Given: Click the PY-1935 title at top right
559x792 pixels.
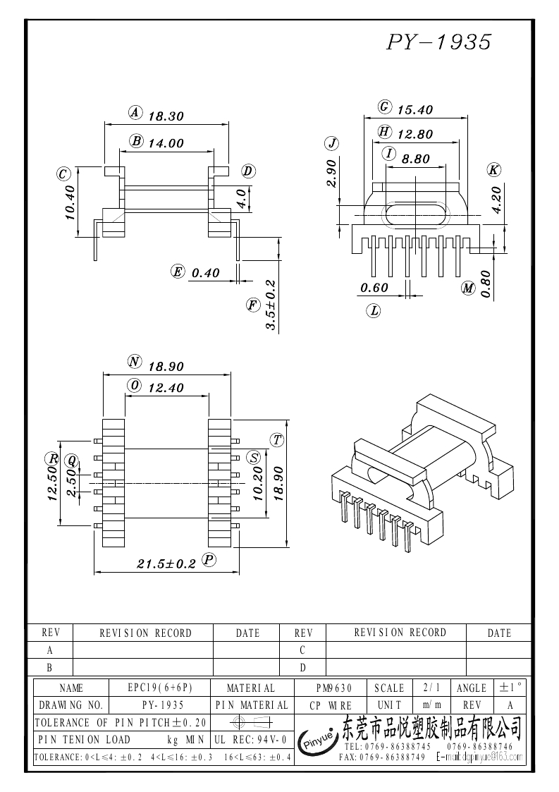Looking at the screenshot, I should click(438, 42).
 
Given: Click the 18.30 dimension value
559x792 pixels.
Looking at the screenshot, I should click(166, 116).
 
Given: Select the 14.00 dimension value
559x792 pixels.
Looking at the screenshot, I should click(166, 142).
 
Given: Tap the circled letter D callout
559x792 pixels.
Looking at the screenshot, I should click(248, 171).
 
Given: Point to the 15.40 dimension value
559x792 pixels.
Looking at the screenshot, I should click(415, 109).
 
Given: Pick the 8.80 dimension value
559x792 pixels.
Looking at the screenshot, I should click(415, 159).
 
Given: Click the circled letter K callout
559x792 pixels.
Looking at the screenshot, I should click(493, 170).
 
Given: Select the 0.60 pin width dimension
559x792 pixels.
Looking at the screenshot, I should click(374, 287).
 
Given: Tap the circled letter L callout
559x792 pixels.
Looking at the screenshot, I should click(374, 310).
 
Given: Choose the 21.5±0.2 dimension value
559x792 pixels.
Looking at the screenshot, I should click(166, 563).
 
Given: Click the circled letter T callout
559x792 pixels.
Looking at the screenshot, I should click(277, 440).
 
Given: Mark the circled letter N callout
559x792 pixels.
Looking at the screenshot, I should click(135, 362).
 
